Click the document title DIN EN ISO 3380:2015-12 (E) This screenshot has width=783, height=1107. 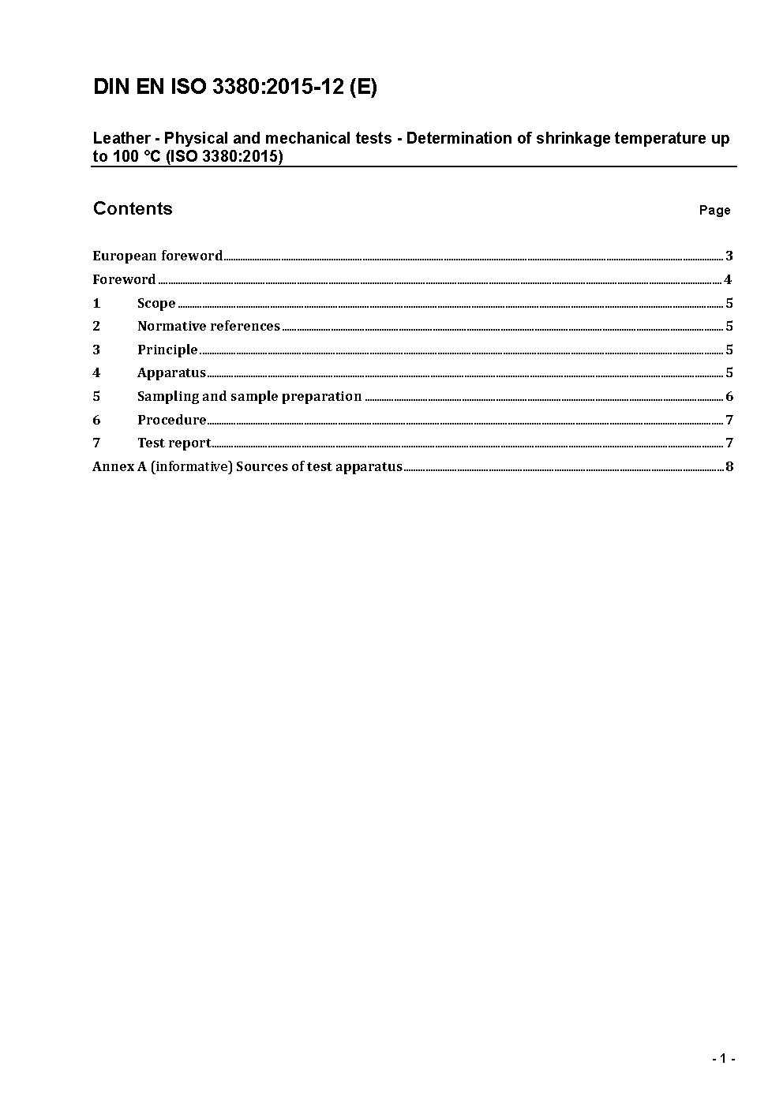tap(234, 87)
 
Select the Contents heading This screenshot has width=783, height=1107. tap(132, 208)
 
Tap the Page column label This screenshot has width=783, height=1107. tap(714, 210)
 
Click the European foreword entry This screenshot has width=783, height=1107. tap(157, 256)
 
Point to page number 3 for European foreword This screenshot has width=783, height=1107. tap(729, 256)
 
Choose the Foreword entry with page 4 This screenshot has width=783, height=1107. tap(124, 279)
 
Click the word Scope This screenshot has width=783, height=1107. tap(156, 303)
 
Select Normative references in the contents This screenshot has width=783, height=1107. tap(208, 326)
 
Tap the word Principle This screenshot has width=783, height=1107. tap(167, 350)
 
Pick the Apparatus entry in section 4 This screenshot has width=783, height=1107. tap(171, 372)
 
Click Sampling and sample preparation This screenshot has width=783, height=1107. tap(249, 396)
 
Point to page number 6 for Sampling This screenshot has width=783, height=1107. tap(729, 396)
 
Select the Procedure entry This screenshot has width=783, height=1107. tap(172, 420)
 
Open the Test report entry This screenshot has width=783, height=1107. tap(174, 443)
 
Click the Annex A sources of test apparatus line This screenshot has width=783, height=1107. tap(247, 466)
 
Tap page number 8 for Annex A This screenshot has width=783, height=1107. tap(729, 466)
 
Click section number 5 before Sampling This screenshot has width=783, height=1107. tap(96, 396)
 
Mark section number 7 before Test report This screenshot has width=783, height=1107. tap(96, 443)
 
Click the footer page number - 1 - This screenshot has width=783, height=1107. tap(723, 1059)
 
